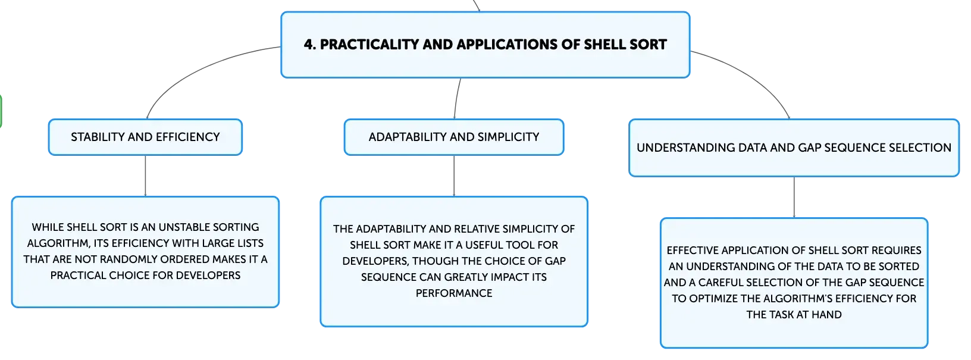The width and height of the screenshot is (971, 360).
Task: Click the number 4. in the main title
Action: click(x=309, y=44)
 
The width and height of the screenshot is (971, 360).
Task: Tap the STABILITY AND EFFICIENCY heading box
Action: click(x=145, y=137)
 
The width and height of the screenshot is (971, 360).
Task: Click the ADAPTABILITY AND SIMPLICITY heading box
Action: click(x=454, y=137)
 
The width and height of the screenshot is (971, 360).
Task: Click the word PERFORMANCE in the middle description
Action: click(x=454, y=293)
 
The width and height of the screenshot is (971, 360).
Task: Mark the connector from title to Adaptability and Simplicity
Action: click(x=456, y=98)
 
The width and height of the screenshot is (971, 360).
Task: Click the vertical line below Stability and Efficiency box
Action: click(x=145, y=176)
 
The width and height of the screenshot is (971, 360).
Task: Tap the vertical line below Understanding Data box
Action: click(x=794, y=198)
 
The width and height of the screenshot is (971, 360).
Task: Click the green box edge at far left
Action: click(x=1, y=111)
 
